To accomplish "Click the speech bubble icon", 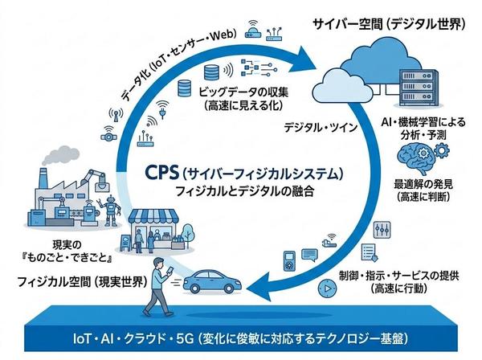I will tap(330, 239).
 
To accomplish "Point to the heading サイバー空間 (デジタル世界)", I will tap(386, 23).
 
